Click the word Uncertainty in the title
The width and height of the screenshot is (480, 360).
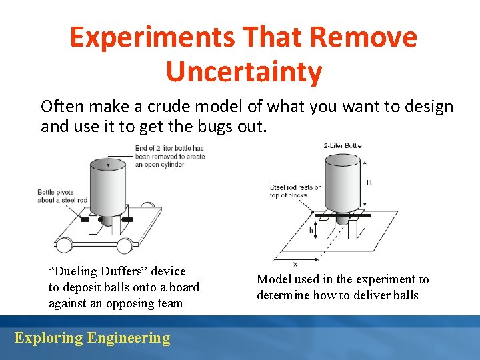pyautogui.click(x=243, y=71)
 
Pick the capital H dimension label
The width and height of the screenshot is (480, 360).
pyautogui.click(x=369, y=182)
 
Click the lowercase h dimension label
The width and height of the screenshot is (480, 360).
pyautogui.click(x=311, y=230)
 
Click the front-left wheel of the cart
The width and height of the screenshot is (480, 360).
pyautogui.click(x=64, y=245)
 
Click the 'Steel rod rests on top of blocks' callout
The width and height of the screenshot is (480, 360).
pyautogui.click(x=295, y=191)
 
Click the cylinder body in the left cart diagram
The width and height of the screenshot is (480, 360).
pyautogui.click(x=108, y=187)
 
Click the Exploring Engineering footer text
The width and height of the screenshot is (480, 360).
pyautogui.click(x=92, y=338)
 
